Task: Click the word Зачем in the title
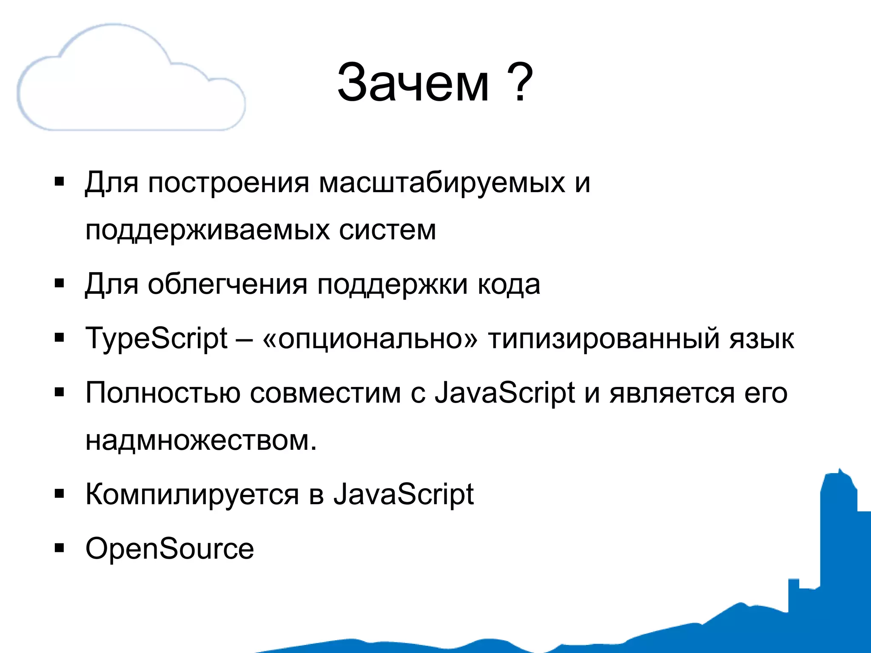(x=413, y=83)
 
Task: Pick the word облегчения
(x=227, y=284)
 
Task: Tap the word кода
(x=509, y=284)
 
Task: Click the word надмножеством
(x=201, y=440)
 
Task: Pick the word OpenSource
(x=170, y=549)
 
